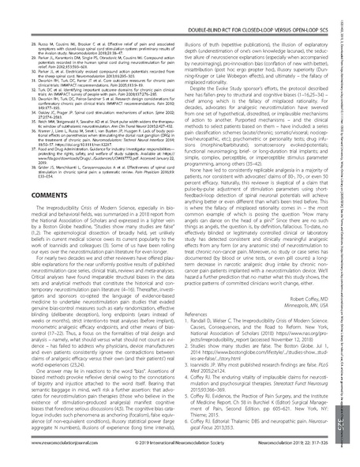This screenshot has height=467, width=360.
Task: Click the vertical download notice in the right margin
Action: (x=351, y=119)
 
